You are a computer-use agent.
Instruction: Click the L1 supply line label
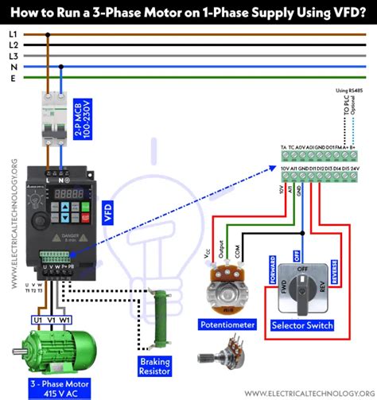click(14, 34)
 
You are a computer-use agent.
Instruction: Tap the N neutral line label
click(14, 67)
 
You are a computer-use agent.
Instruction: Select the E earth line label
click(14, 78)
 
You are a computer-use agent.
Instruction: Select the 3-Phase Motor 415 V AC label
click(54, 387)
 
